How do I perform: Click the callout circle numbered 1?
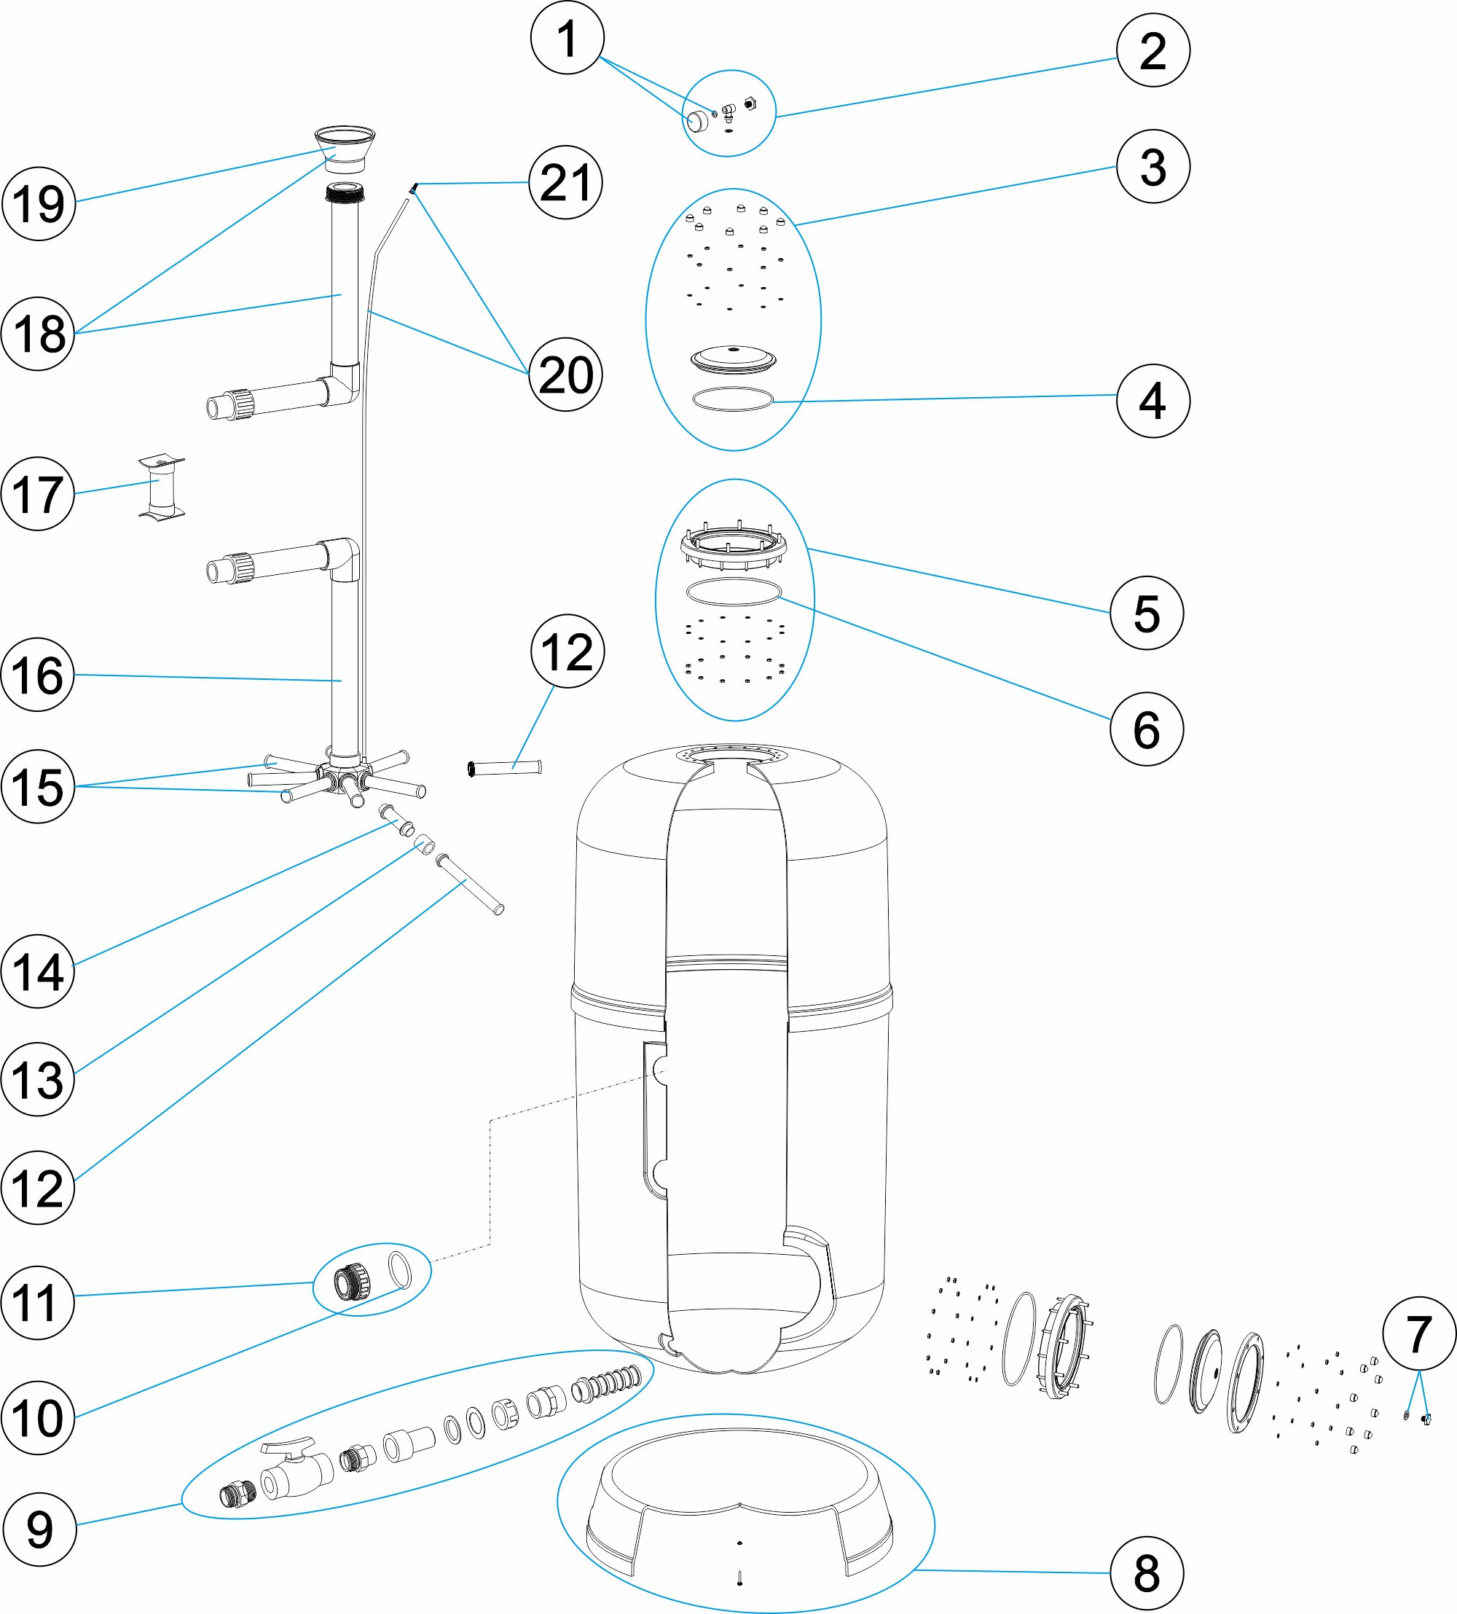(x=567, y=39)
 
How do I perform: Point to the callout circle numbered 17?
(x=38, y=494)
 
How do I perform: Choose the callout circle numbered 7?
(x=1418, y=1333)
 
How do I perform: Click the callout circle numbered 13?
(x=38, y=1079)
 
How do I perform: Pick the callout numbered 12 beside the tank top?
(x=567, y=651)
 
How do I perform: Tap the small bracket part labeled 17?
(x=162, y=488)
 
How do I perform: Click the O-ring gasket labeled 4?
(x=732, y=399)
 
